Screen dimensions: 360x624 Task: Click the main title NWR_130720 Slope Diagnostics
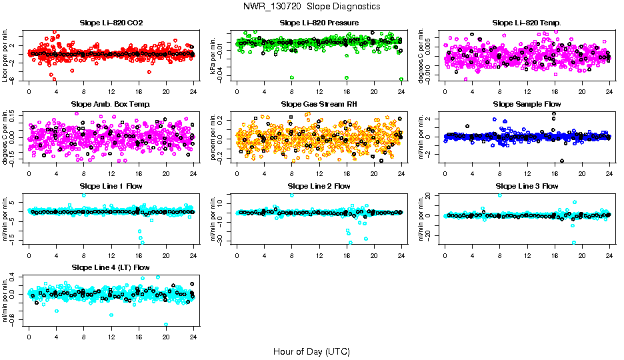312,6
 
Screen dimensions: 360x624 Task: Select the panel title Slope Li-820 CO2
111,23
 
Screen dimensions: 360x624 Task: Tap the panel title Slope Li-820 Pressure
319,23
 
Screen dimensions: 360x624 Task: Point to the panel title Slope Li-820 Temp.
527,23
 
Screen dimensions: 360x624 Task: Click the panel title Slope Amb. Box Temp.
111,104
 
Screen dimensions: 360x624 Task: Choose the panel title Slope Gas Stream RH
319,104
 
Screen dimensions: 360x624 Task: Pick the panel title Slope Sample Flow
527,104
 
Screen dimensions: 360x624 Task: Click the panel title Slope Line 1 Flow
111,186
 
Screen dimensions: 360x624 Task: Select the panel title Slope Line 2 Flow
319,186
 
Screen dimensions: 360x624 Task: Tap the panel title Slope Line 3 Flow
527,186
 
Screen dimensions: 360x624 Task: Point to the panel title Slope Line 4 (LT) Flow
111,267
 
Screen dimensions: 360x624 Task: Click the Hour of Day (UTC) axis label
311,351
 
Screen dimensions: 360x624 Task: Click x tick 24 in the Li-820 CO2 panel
193,92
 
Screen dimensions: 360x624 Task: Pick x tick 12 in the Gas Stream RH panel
319,173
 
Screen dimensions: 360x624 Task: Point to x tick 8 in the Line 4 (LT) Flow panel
83,337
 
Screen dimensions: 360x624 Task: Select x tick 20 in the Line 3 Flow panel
582,255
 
